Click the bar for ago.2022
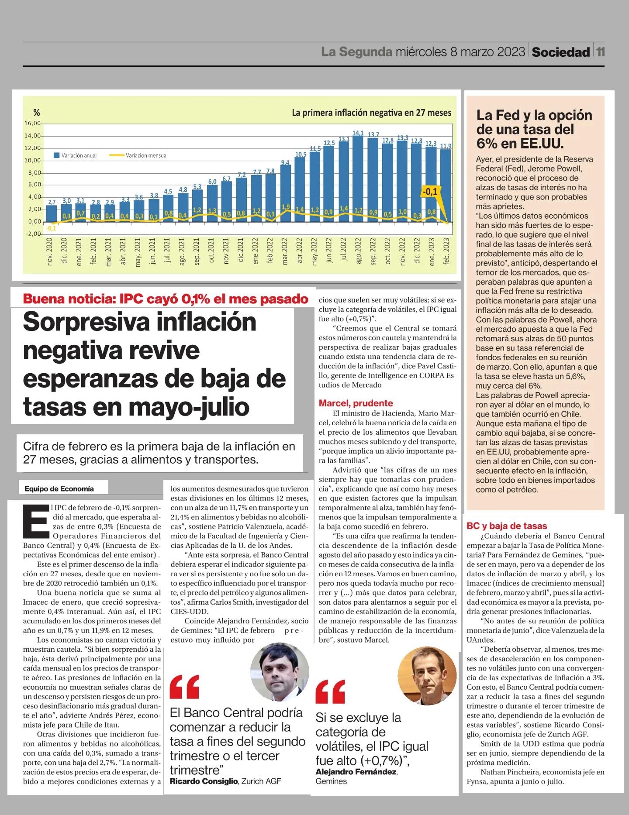tap(358, 179)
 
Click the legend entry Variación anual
tap(75, 155)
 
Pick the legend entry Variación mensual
tap(139, 155)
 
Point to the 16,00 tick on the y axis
tap(32, 124)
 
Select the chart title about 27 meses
tap(371, 113)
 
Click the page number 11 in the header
tap(601, 52)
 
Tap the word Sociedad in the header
tap(561, 52)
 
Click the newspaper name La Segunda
tap(356, 52)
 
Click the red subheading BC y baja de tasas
tap(507, 526)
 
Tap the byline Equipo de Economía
tap(59, 489)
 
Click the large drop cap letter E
tap(35, 521)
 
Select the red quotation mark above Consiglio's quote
tap(184, 687)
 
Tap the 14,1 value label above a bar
tap(358, 132)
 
